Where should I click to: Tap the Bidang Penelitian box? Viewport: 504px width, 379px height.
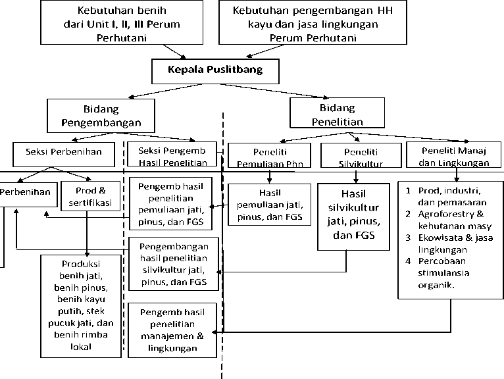coord(336,114)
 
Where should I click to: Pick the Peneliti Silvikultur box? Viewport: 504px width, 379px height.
coord(355,156)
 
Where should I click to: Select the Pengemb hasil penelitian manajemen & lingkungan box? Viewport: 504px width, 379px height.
coord(172,329)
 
